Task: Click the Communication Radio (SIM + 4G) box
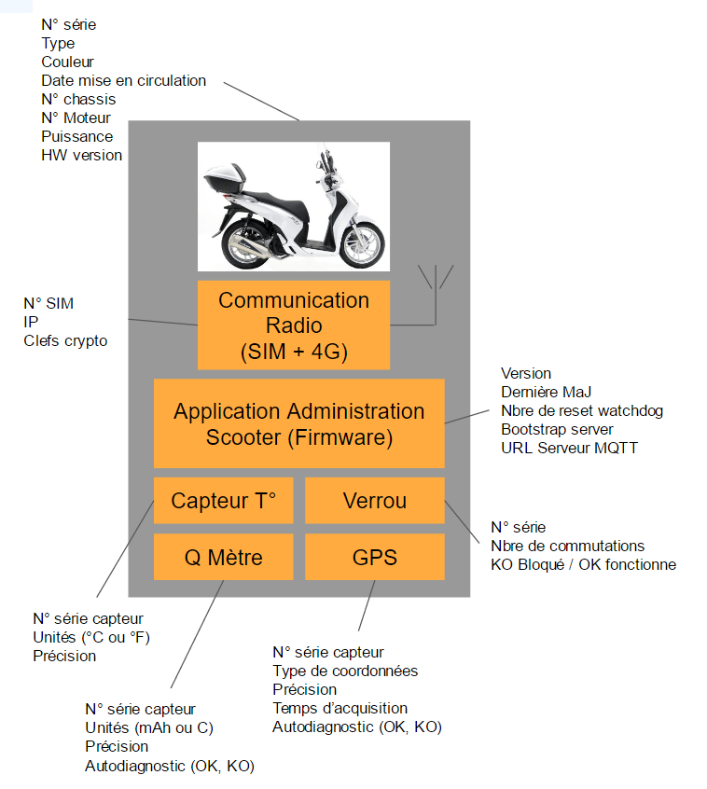[x=294, y=325]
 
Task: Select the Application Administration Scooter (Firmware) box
[x=298, y=423]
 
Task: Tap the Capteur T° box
[x=224, y=501]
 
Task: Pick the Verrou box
[x=375, y=501]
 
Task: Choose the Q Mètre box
[x=224, y=558]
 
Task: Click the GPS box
[x=375, y=558]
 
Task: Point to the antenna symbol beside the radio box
[x=435, y=280]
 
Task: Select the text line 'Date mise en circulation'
[x=123, y=80]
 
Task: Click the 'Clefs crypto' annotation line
[x=65, y=340]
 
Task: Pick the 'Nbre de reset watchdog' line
[x=582, y=410]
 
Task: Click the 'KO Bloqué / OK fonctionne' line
[x=583, y=564]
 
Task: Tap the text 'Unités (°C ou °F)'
[x=91, y=637]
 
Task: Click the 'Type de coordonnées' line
[x=345, y=671]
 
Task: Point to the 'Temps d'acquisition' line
[x=340, y=708]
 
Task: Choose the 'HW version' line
[x=81, y=155]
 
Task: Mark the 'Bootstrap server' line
[x=557, y=429]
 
